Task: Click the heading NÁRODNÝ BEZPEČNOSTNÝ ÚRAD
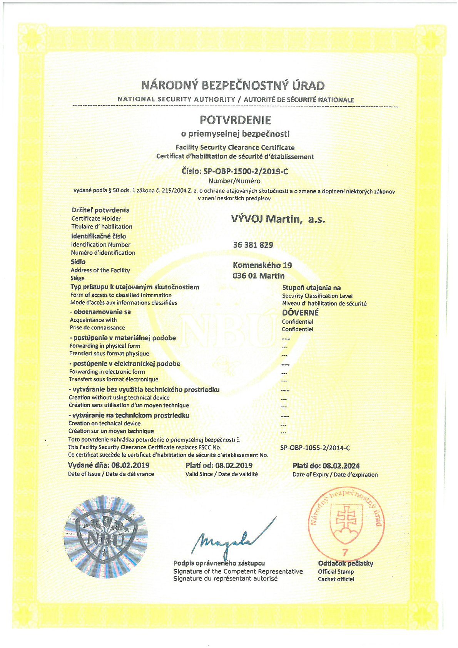click(x=233, y=85)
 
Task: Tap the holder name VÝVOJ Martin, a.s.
click(x=278, y=219)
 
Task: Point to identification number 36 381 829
click(x=253, y=245)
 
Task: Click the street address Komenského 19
click(x=262, y=265)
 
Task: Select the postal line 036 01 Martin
click(x=259, y=276)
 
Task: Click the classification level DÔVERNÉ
click(x=300, y=312)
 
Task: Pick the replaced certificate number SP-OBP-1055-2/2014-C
click(x=315, y=448)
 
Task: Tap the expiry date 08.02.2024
click(x=341, y=466)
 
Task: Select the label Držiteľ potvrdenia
click(x=100, y=210)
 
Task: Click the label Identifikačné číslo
click(x=99, y=236)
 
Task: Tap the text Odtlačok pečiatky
click(x=345, y=564)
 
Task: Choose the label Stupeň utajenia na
click(x=311, y=287)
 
